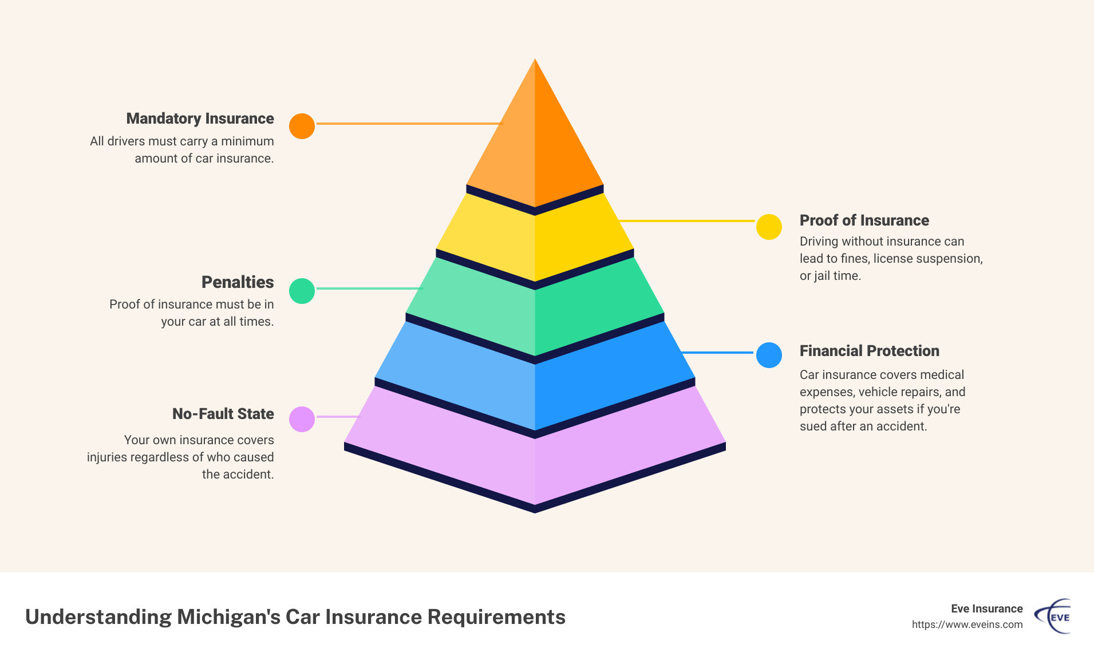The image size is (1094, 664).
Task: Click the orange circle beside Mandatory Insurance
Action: pos(302,126)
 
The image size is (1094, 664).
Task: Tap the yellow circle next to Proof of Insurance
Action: pos(769,227)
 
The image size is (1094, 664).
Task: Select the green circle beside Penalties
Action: pos(302,291)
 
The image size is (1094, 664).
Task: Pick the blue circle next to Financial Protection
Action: pos(769,355)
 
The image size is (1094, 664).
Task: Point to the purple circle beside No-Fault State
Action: pos(302,419)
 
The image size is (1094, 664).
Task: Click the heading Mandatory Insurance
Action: pos(200,118)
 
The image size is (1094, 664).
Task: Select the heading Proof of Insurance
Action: pos(864,220)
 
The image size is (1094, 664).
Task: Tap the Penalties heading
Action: pos(238,282)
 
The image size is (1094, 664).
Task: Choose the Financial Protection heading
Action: pos(869,351)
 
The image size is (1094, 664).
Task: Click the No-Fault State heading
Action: pos(223,414)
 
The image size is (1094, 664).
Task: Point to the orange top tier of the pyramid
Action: pos(535,143)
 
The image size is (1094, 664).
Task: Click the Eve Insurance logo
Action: pos(1053,616)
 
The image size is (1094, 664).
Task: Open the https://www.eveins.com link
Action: pos(967,625)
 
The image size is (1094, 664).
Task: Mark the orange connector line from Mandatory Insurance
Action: pos(409,123)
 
